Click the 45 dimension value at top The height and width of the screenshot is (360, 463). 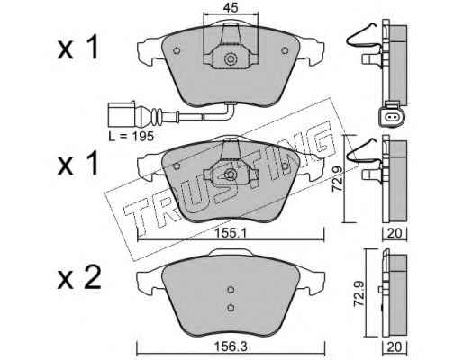click(231, 7)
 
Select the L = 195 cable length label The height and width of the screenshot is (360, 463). click(132, 137)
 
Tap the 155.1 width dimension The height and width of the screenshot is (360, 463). click(231, 233)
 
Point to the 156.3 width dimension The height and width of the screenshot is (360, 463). click(231, 347)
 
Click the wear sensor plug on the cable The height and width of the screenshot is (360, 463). click(122, 114)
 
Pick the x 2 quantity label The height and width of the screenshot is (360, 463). click(79, 278)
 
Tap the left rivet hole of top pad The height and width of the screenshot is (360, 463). click(177, 50)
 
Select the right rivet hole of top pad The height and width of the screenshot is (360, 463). click(285, 50)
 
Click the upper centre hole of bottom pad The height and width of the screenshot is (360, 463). click(231, 290)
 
